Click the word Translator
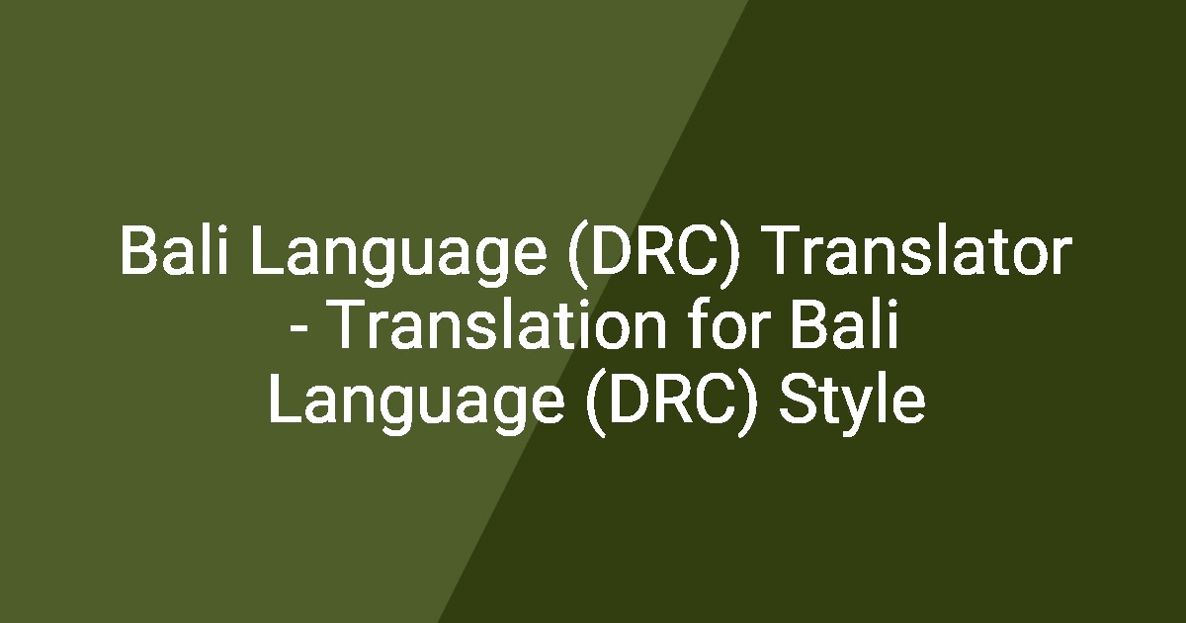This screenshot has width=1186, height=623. (917, 253)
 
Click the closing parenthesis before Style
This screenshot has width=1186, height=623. (751, 403)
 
